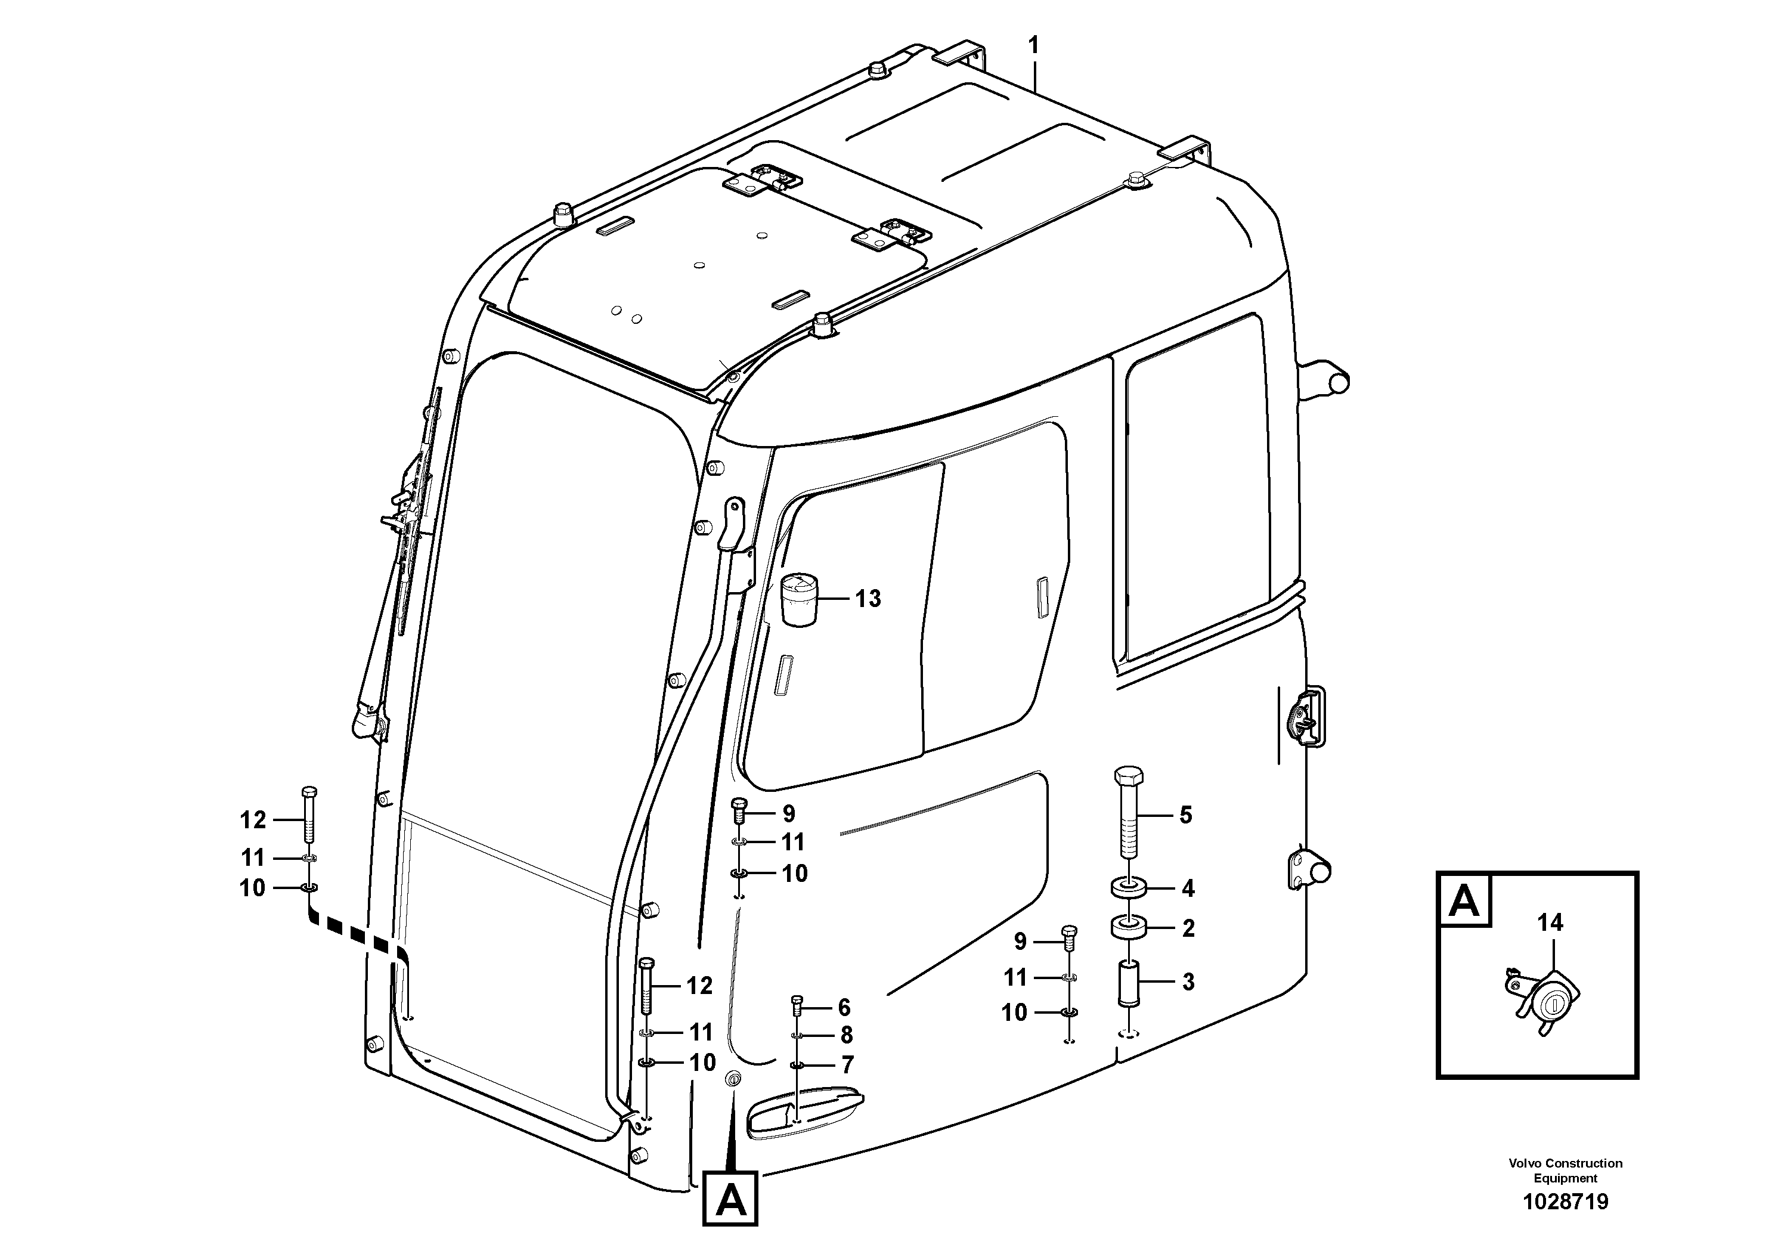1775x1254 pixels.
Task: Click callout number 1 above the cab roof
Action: coord(1034,47)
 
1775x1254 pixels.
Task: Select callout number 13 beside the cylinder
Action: coord(868,599)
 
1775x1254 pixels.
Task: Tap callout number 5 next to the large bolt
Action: coord(1186,815)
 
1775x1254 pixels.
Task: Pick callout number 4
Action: coord(1188,889)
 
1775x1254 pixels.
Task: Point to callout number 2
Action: coord(1188,928)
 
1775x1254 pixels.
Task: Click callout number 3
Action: coord(1188,983)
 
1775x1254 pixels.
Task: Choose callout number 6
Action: coord(844,1007)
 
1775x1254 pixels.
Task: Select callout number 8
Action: coord(847,1035)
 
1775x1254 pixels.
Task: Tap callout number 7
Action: coord(847,1066)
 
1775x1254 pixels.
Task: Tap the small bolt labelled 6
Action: coord(798,1007)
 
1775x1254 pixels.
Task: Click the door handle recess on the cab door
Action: coord(804,1111)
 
